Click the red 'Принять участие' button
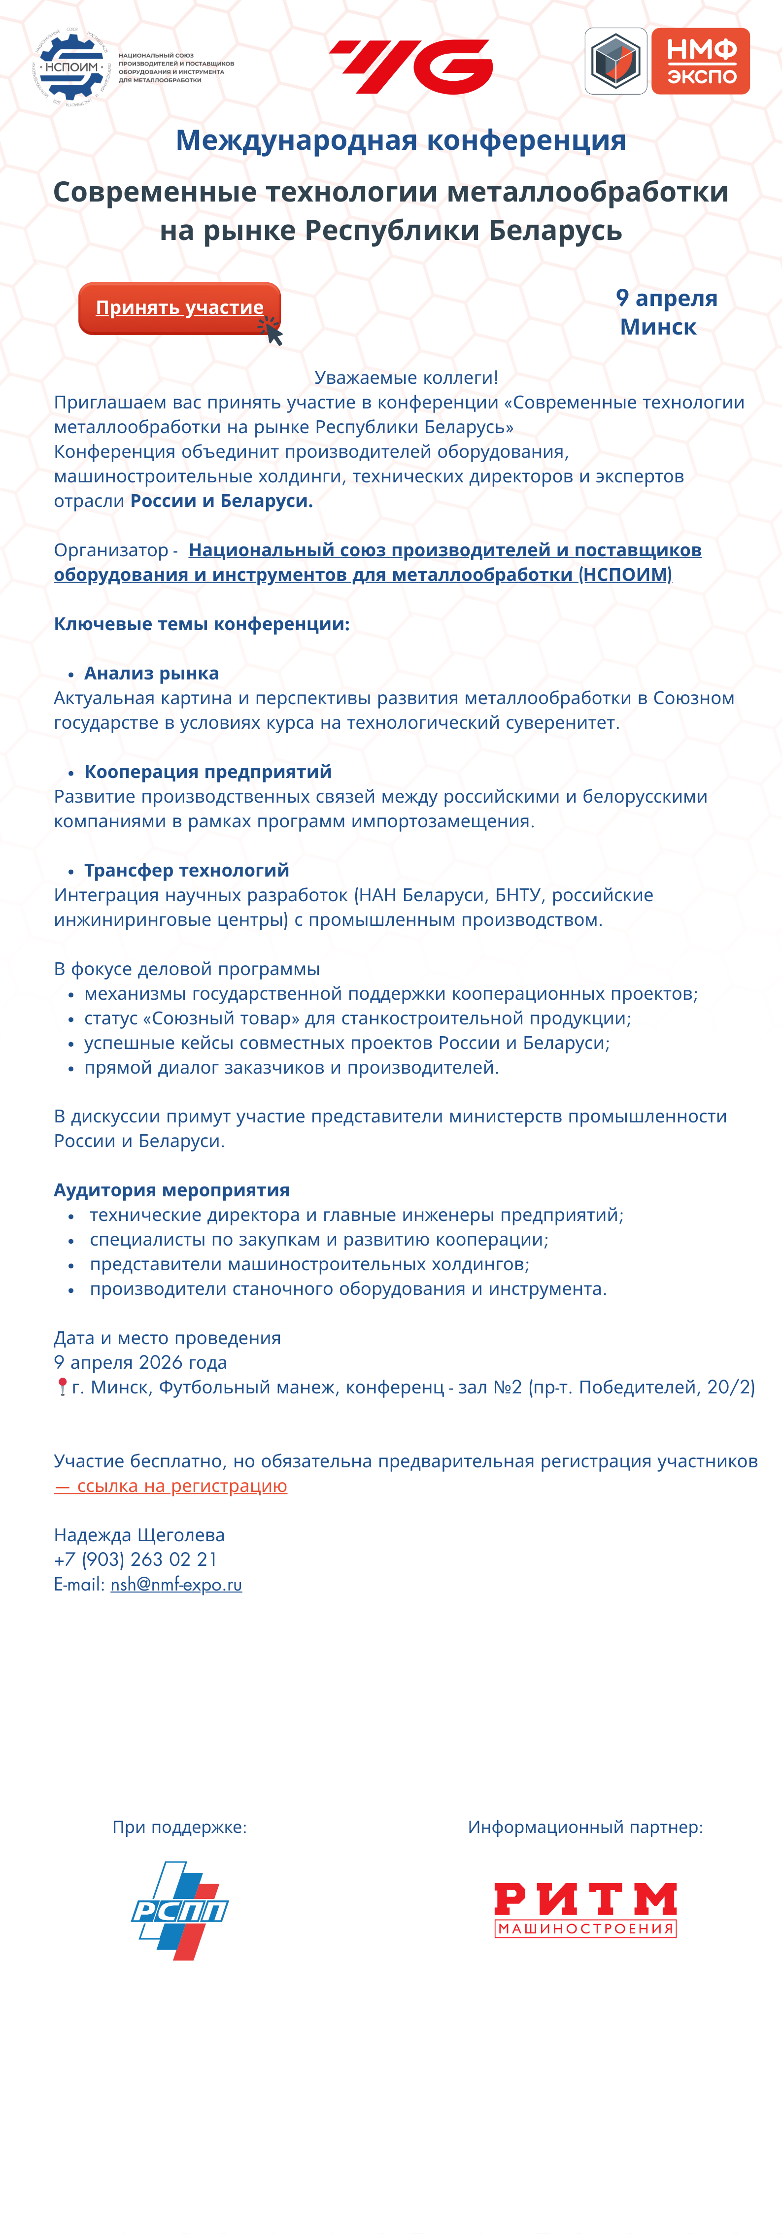[179, 308]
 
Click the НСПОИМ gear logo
[72, 68]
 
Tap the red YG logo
[411, 67]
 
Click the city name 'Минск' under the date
[658, 327]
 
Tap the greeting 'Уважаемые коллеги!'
[406, 377]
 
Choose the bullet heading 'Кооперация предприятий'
[208, 772]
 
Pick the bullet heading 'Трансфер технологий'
[186, 870]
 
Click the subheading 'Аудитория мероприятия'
[171, 1190]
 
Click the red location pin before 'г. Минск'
[62, 1387]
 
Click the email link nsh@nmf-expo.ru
[176, 1585]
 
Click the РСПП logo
[179, 1910]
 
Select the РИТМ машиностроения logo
[585, 1910]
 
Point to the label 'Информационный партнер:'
[585, 1828]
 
